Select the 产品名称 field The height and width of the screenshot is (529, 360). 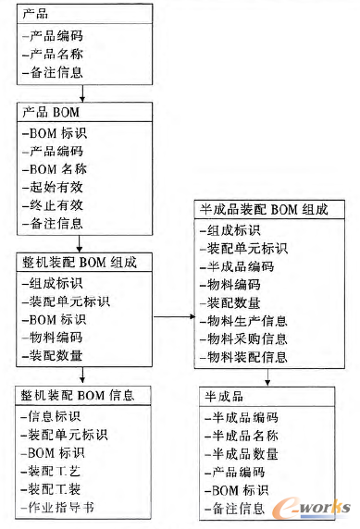56,55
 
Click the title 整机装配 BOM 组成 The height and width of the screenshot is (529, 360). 79,262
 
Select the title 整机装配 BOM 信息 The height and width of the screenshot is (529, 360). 79,396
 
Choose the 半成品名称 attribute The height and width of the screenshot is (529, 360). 245,436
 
